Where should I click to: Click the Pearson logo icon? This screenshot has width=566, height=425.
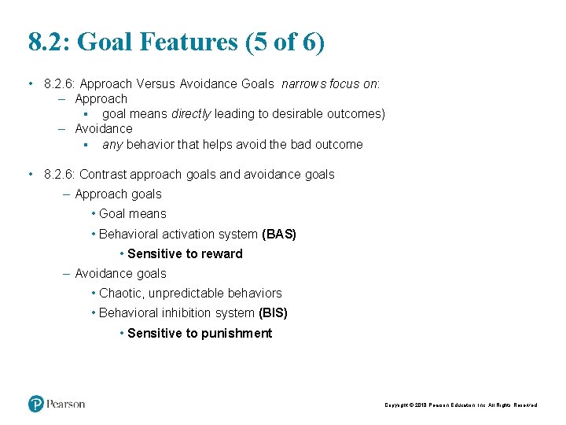[36, 404]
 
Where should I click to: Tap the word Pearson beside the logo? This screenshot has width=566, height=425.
[65, 404]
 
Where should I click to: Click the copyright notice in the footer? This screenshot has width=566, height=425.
[461, 405]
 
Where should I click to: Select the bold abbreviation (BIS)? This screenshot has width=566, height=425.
[273, 312]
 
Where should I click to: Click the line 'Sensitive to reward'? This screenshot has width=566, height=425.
[185, 253]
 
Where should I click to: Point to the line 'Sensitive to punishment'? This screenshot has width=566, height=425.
[200, 333]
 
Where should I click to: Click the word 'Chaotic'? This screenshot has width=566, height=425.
[120, 293]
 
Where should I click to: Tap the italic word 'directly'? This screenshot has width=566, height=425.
[191, 113]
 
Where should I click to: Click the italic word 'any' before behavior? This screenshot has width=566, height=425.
[112, 144]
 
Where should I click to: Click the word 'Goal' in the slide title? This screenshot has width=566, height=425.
[108, 42]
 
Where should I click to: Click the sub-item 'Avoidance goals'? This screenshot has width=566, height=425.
[120, 273]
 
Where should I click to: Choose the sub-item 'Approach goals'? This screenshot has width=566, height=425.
[118, 194]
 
